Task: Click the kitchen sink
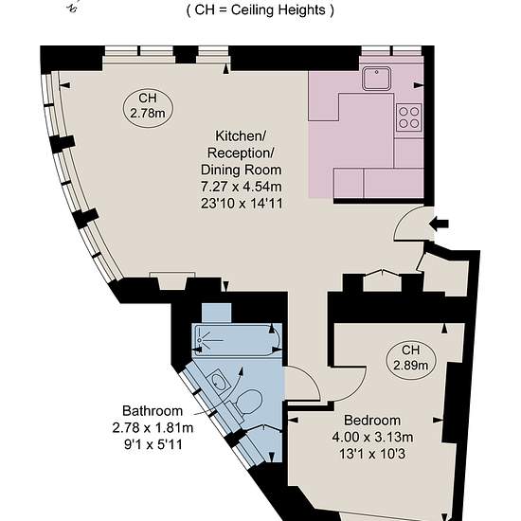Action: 376,79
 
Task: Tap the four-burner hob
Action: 408,117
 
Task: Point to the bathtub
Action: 237,340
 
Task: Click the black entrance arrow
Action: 439,224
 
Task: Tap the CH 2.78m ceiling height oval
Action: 148,107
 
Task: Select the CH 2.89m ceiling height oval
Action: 411,360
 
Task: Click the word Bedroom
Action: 372,421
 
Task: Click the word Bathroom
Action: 153,411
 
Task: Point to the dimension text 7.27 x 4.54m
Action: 242,187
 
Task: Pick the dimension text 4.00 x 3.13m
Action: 372,437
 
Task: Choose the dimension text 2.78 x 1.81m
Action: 153,427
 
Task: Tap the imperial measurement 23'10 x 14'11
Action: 242,204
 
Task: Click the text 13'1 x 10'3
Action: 372,454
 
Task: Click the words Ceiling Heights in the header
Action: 278,10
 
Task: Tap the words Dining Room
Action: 242,170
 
